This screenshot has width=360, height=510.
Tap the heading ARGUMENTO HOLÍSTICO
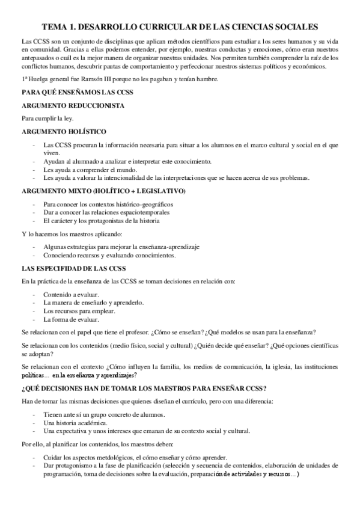tap(64, 131)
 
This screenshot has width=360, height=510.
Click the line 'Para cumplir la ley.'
tap(47, 118)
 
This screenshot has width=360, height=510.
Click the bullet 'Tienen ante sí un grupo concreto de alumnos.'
tap(105, 414)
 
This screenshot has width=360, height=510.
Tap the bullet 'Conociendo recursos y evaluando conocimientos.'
tap(109, 255)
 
